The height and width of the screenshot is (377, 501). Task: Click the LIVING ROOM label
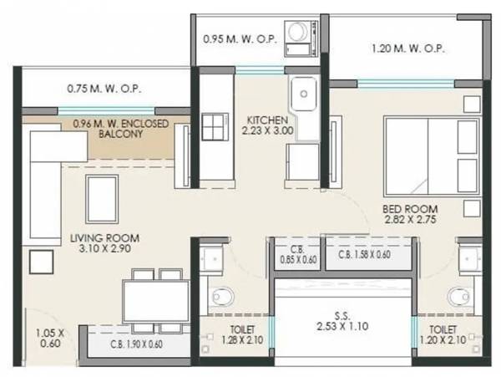pyautogui.click(x=104, y=243)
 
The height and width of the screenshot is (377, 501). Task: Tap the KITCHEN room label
pyautogui.click(x=267, y=125)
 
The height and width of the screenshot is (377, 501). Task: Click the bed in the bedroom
pyautogui.click(x=431, y=155)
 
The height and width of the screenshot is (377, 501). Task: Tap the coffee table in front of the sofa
pyautogui.click(x=102, y=199)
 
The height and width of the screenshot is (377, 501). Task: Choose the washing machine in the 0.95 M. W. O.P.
pyautogui.click(x=296, y=33)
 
